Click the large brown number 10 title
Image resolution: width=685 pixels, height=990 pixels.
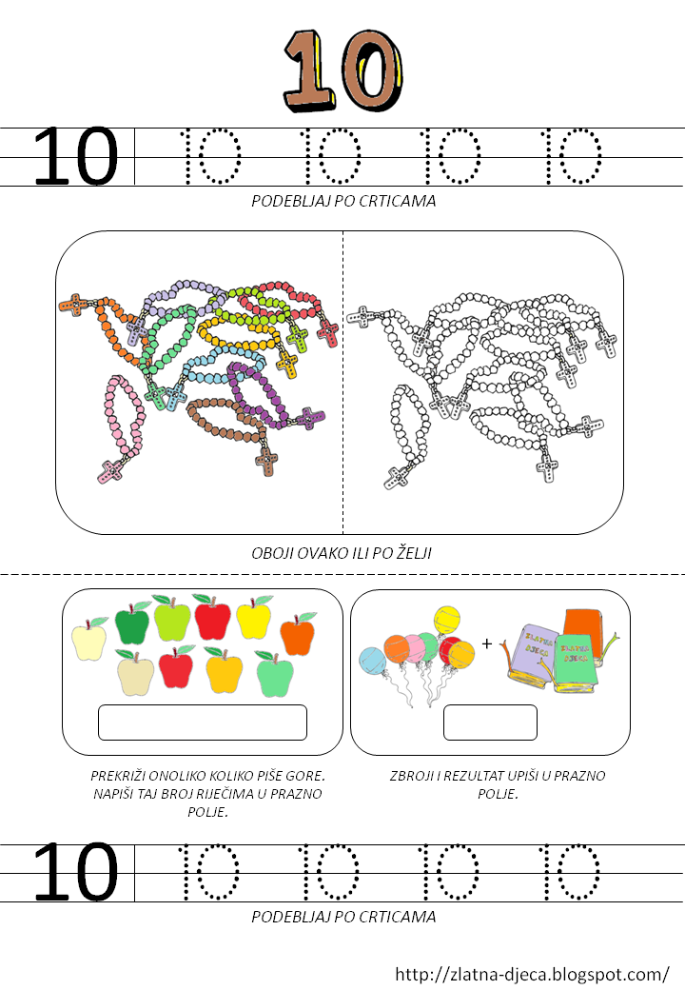coord(342,70)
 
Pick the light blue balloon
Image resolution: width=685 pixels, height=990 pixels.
coord(372,660)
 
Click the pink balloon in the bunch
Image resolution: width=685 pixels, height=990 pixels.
coord(415,648)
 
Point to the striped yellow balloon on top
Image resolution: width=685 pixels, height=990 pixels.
coord(446,620)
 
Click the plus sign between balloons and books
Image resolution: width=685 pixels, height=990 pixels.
coord(486,643)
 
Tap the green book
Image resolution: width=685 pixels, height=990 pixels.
coord(575,663)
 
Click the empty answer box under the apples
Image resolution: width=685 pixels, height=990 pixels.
coord(203,723)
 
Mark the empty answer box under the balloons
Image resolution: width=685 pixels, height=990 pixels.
coord(490,723)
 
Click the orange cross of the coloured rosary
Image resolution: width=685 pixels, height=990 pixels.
coord(74,305)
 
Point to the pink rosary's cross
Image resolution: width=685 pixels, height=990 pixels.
coord(111,470)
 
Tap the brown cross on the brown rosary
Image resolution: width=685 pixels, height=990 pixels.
coord(266,461)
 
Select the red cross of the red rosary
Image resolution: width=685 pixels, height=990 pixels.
coord(327,332)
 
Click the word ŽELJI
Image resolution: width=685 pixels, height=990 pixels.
coord(414,553)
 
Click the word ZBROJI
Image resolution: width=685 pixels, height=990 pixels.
coord(411,775)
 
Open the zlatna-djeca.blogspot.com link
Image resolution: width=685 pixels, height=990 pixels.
coord(532,974)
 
